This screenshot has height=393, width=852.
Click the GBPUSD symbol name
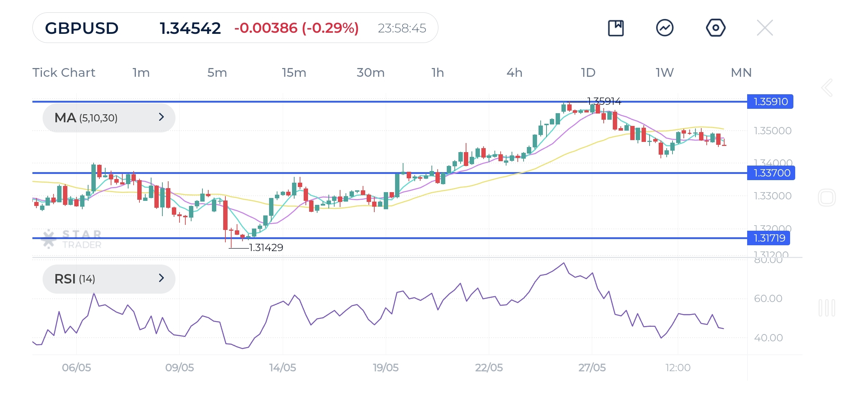(82, 28)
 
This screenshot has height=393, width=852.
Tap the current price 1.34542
(190, 28)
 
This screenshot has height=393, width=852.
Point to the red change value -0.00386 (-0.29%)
(296, 28)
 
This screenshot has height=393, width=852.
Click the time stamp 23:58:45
(402, 28)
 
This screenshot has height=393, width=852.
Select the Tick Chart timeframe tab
(64, 72)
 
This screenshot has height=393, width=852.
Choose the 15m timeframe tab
(294, 72)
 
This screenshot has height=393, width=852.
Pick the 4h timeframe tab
(514, 72)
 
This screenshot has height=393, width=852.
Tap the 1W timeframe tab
(664, 72)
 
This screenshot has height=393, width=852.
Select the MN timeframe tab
(741, 72)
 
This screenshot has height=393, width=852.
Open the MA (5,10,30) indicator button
(109, 118)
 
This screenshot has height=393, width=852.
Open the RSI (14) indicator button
(109, 279)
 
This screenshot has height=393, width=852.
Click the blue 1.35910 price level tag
(770, 102)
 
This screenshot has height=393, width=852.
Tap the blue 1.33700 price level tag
(771, 173)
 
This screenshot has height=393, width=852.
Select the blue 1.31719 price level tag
(769, 238)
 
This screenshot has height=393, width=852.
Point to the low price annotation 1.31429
(266, 247)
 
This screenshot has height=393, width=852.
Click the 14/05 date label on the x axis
(283, 368)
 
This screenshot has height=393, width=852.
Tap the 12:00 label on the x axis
(678, 368)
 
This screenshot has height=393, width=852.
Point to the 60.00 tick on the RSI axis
(768, 298)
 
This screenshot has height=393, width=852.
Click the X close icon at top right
(765, 28)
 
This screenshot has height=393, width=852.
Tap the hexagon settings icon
(715, 28)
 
